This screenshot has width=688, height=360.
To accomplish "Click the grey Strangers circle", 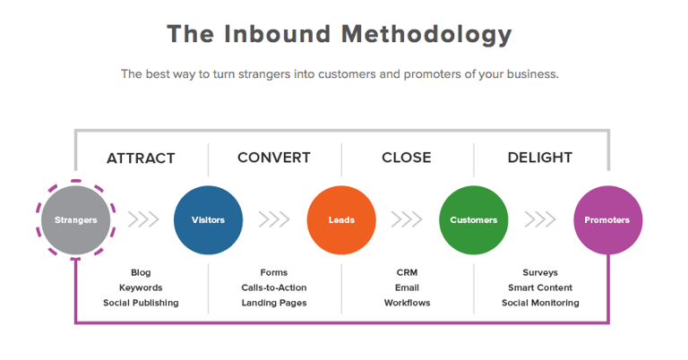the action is pyautogui.click(x=76, y=219).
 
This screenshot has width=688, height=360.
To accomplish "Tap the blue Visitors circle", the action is pyautogui.click(x=208, y=219).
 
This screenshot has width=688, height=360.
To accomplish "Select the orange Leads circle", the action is pyautogui.click(x=341, y=219).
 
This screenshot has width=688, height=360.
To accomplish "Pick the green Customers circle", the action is pyautogui.click(x=473, y=219).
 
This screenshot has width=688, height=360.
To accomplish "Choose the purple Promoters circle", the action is pyautogui.click(x=607, y=219).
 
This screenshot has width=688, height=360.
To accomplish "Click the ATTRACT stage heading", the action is pyautogui.click(x=141, y=158).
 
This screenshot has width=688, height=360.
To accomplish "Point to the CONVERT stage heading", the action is pyautogui.click(x=274, y=158).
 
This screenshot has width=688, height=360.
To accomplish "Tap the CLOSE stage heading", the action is pyautogui.click(x=407, y=158).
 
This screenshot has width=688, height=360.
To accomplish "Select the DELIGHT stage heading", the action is pyautogui.click(x=539, y=158).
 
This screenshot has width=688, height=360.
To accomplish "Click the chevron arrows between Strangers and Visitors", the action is pyautogui.click(x=143, y=219).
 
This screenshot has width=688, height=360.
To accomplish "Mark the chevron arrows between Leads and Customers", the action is pyautogui.click(x=407, y=219).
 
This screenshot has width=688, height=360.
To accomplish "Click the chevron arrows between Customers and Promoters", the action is pyautogui.click(x=540, y=219).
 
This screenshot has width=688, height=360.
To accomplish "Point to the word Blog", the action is pyautogui.click(x=141, y=273).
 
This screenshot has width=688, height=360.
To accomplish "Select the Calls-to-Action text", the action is pyautogui.click(x=274, y=287).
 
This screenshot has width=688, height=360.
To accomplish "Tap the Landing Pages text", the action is pyautogui.click(x=274, y=303).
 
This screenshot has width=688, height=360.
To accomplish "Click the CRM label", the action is pyautogui.click(x=407, y=273).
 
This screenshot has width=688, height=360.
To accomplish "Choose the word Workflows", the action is pyautogui.click(x=407, y=303).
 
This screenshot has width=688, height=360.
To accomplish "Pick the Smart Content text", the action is pyautogui.click(x=540, y=287).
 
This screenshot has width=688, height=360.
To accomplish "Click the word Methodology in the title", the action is pyautogui.click(x=426, y=35).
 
